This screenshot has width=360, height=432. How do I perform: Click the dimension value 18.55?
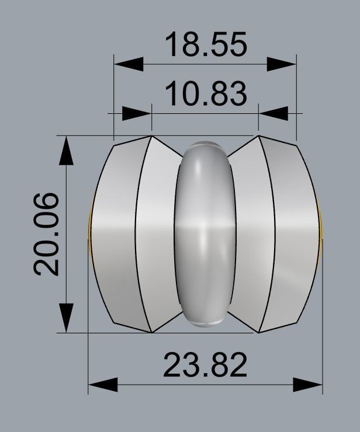(x=206, y=45)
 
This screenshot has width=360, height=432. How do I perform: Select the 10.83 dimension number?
(x=206, y=94)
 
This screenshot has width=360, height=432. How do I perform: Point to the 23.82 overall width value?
(x=205, y=366)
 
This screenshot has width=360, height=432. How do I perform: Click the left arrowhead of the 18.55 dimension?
(x=128, y=63)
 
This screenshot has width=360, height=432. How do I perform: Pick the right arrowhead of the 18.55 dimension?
(x=282, y=63)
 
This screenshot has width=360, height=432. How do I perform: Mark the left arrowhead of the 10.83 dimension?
(x=137, y=113)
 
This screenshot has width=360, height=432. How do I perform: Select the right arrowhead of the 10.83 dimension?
(x=273, y=113)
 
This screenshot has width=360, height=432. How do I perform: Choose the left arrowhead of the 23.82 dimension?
(x=103, y=385)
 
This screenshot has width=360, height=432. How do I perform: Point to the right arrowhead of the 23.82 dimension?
(x=307, y=385)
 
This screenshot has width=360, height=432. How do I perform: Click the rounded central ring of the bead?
(x=205, y=234)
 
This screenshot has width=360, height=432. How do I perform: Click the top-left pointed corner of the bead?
(x=151, y=137)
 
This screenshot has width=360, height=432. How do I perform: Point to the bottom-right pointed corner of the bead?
(x=259, y=332)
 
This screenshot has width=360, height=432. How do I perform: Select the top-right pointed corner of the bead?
(x=259, y=137)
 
